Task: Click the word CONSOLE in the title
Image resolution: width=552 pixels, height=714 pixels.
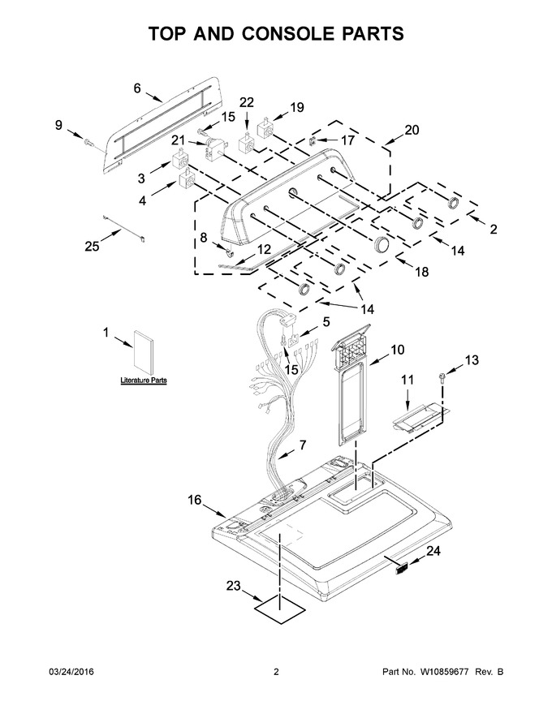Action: click(x=287, y=34)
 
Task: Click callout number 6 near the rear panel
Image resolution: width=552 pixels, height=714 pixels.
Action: click(x=137, y=88)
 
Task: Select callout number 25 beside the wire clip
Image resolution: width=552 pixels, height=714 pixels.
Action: click(x=92, y=246)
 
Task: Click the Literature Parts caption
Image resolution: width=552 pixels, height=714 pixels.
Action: click(x=144, y=381)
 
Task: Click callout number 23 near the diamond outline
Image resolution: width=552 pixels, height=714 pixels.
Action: click(x=233, y=586)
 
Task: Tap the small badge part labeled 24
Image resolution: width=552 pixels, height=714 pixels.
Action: click(x=401, y=568)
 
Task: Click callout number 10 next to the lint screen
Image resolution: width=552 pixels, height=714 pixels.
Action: click(x=397, y=350)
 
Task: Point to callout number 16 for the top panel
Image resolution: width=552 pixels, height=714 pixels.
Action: click(x=195, y=500)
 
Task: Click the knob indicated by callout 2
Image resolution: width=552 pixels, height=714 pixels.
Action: click(x=453, y=204)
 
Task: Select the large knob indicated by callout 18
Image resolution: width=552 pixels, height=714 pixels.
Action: click(x=382, y=244)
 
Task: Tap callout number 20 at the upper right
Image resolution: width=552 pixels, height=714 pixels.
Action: click(x=412, y=130)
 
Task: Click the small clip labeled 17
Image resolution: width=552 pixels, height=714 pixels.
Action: click(x=312, y=140)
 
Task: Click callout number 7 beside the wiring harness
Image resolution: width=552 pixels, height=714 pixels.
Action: click(x=303, y=445)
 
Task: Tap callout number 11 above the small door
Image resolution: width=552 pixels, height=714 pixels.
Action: click(x=408, y=379)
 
